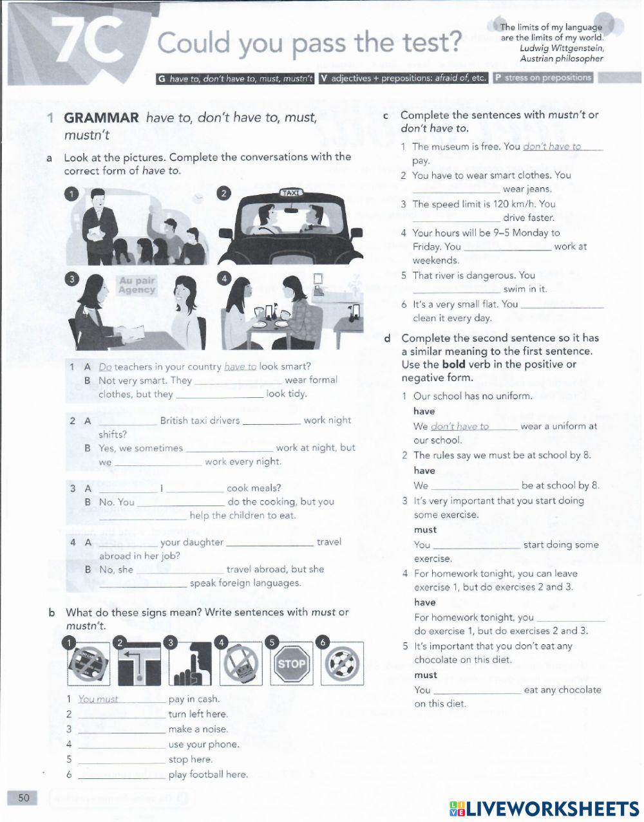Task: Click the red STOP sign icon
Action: tap(292, 663)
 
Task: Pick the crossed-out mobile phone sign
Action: tap(240, 663)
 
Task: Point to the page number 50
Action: tap(24, 798)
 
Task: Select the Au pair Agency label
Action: tap(137, 285)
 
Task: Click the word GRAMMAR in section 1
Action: tap(101, 118)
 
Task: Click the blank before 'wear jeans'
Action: tap(456, 189)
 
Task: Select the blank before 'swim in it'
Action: tap(456, 290)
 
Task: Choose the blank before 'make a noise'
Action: tap(122, 729)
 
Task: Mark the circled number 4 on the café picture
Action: tap(223, 278)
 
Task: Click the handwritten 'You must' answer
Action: tap(98, 699)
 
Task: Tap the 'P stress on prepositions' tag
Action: tap(543, 78)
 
